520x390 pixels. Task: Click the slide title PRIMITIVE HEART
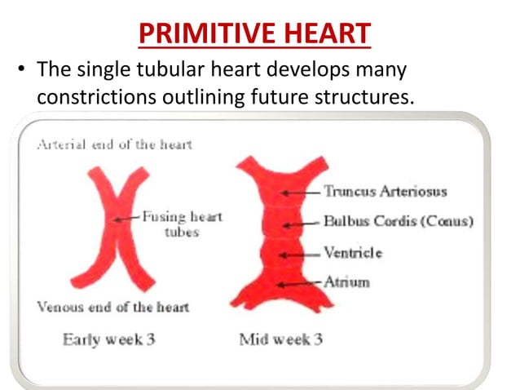pos(255,33)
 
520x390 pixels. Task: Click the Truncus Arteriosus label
pos(385,192)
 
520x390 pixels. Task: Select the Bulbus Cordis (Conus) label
pos(398,222)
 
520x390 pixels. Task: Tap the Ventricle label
pos(352,253)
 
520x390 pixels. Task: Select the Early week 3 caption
pos(108,339)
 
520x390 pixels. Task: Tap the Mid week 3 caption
pos(280,339)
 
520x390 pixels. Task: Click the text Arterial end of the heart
pos(113,144)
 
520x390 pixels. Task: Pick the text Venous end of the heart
pos(112,307)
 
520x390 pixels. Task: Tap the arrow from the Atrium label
pos(299,284)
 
